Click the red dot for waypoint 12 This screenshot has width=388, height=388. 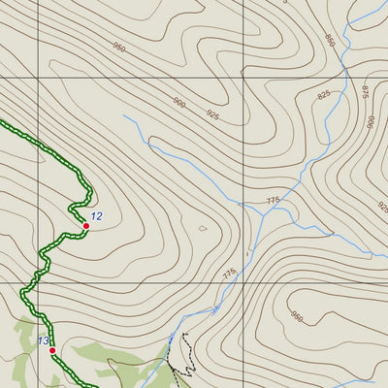click(x=86, y=225)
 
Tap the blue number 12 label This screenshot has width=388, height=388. click(x=96, y=216)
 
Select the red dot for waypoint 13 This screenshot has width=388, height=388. click(x=52, y=350)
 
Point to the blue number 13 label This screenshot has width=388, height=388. click(x=43, y=340)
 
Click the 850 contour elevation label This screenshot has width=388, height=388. click(x=330, y=41)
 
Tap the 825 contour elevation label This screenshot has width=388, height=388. click(x=323, y=94)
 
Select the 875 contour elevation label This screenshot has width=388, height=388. click(x=365, y=91)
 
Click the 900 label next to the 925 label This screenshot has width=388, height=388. click(x=178, y=103)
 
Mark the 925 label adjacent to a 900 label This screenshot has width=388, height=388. click(x=212, y=114)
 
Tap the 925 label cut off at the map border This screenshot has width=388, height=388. click(x=381, y=208)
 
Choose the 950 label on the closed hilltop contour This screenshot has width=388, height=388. click(x=296, y=318)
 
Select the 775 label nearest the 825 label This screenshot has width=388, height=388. click(x=273, y=201)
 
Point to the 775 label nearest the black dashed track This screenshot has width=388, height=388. click(x=229, y=275)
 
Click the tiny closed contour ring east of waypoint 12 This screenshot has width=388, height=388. click(x=202, y=229)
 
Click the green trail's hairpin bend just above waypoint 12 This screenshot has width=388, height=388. click(x=72, y=207)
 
